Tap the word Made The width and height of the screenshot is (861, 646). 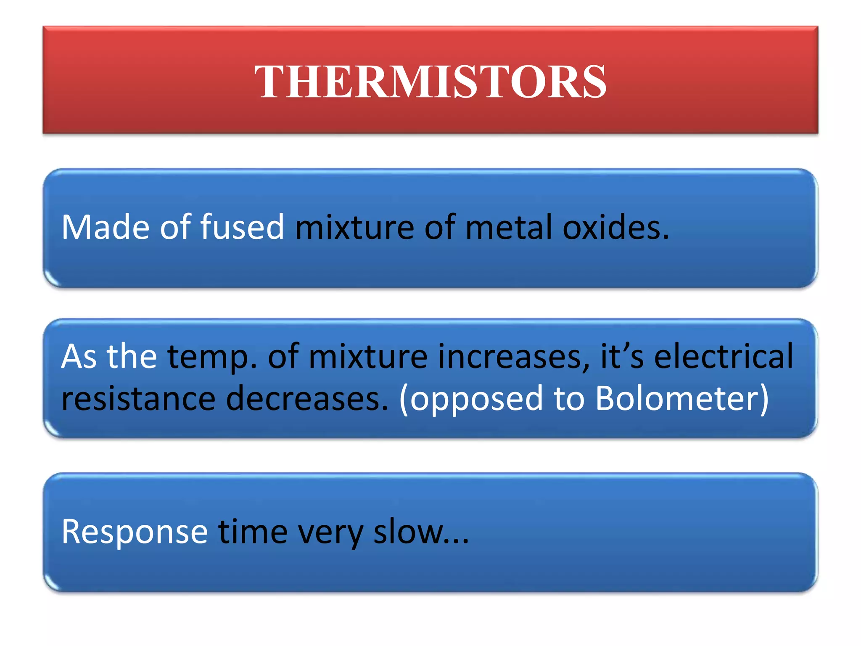tap(105, 228)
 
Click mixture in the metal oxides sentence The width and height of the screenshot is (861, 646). tap(354, 228)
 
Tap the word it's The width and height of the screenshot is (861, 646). tap(622, 357)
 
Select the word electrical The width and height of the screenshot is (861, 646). tap(724, 357)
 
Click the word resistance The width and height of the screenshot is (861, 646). tap(138, 399)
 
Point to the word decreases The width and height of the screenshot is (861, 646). tap(307, 399)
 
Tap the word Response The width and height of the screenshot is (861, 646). tap(135, 532)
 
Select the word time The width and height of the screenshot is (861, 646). tap(253, 532)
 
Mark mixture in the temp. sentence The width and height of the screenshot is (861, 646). tap(368, 357)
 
